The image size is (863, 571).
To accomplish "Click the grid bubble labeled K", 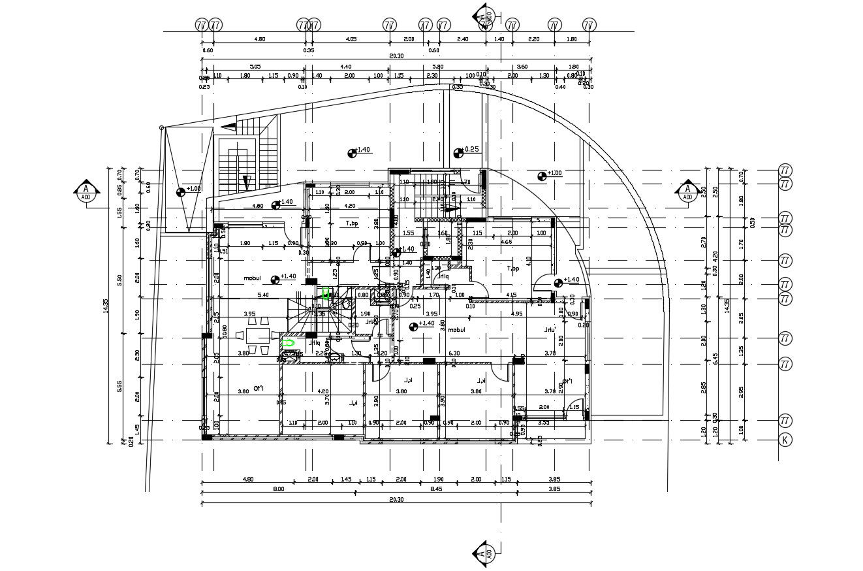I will (x=785, y=440).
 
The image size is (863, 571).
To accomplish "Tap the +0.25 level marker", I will (x=459, y=153).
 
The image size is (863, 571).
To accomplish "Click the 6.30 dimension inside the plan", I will (x=454, y=353).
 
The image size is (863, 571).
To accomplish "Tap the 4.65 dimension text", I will (x=506, y=242).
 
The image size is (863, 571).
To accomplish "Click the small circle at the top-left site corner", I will (x=161, y=128).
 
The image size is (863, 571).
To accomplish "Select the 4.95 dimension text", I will (x=516, y=314).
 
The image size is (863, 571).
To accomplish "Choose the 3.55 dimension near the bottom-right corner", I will (x=543, y=423).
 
